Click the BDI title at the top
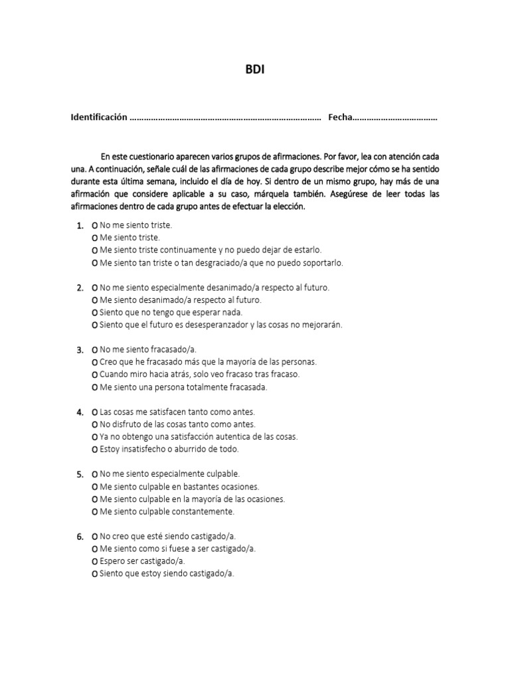(255, 69)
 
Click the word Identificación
(99, 118)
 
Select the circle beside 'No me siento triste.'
(94, 226)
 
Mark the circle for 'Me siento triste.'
(94, 238)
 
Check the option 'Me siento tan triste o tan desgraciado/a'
(94, 264)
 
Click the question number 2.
(80, 288)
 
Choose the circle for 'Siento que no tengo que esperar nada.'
(94, 313)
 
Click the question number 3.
(80, 350)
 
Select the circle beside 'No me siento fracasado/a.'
(94, 350)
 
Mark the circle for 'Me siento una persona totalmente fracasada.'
(94, 387)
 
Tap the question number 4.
(80, 412)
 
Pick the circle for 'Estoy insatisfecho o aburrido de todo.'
(94, 450)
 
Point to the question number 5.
(80, 474)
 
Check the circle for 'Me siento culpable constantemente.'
(94, 512)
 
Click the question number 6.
(80, 537)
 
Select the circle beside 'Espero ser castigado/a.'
(94, 561)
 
